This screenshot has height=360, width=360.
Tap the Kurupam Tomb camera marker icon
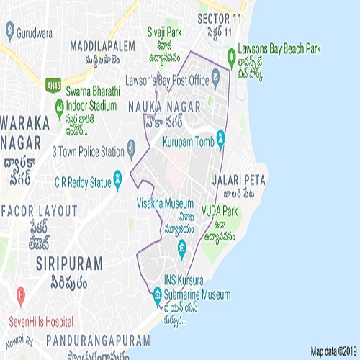tap(220, 137)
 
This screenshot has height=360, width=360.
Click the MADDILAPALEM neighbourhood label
tap(102, 45)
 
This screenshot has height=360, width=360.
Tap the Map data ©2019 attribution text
tap(333, 351)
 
